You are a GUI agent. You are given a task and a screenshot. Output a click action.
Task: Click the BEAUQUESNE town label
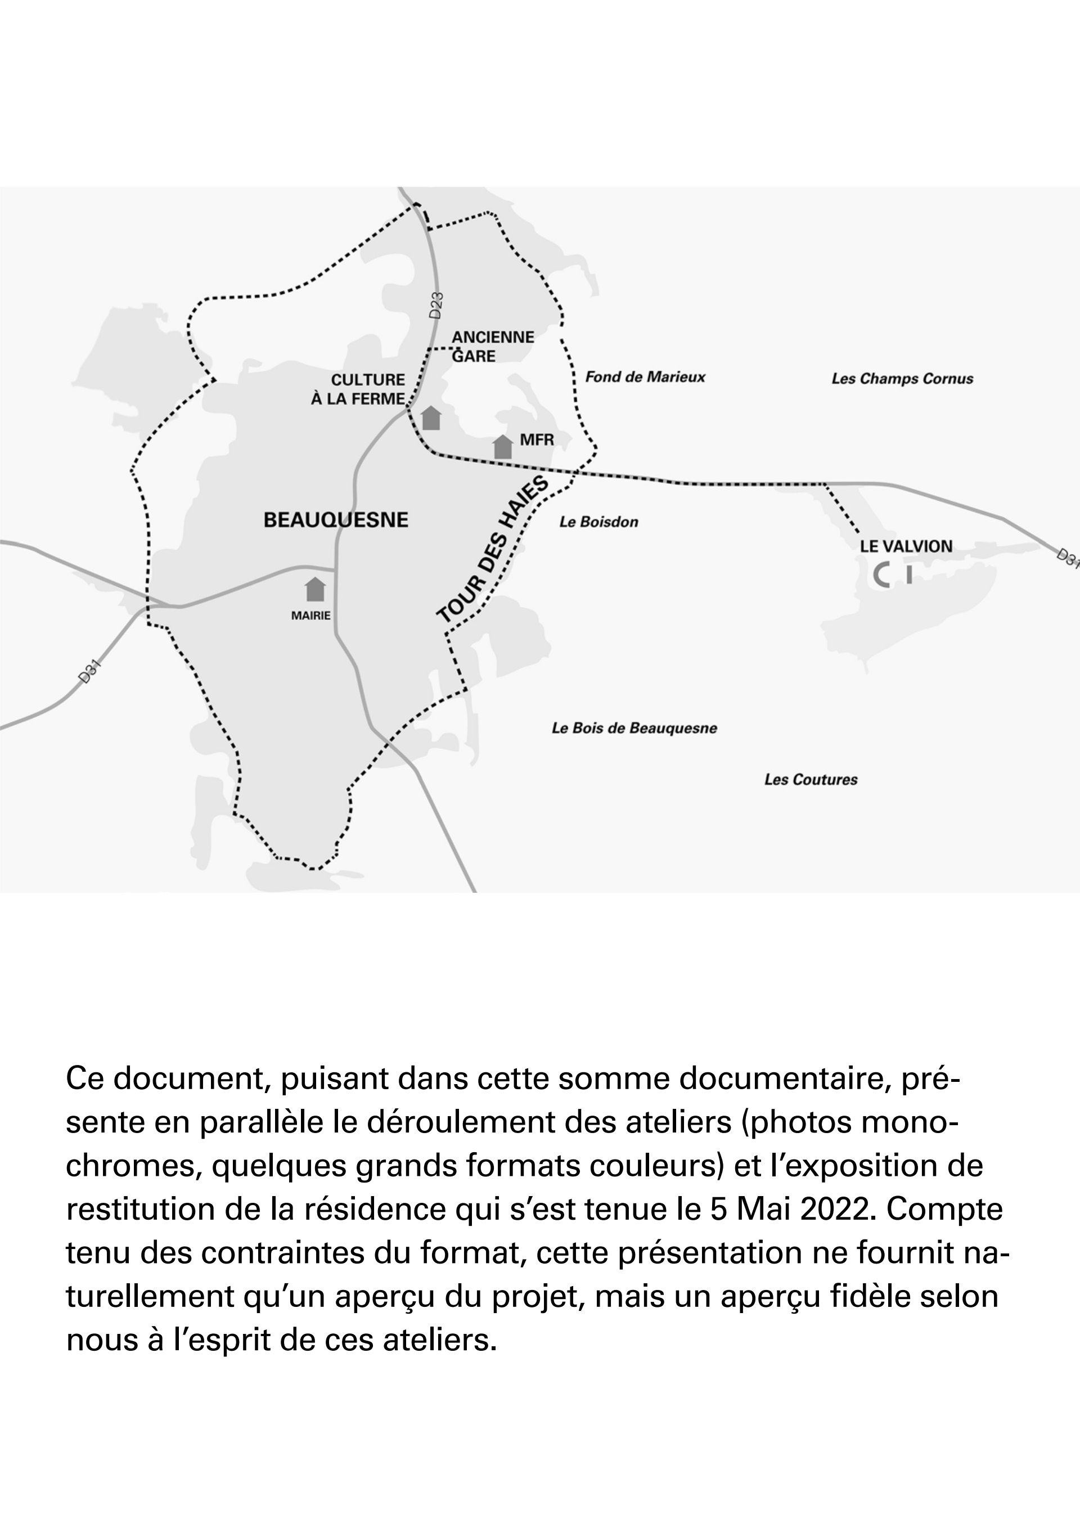tap(336, 520)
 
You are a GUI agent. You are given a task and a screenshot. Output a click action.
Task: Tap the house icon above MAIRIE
tap(316, 590)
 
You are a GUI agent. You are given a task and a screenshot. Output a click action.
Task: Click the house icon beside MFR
tap(503, 447)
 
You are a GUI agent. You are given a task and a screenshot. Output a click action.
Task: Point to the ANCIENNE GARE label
tap(492, 346)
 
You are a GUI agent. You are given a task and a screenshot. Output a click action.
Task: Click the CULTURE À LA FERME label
tap(359, 389)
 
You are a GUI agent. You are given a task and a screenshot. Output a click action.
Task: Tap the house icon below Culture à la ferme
tap(431, 417)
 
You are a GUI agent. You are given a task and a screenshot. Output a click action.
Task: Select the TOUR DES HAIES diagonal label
tap(493, 550)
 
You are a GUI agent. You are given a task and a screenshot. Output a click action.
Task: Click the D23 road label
tap(436, 305)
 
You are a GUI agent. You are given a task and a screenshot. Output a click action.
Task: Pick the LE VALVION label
tap(906, 546)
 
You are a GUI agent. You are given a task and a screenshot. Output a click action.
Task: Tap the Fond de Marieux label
tap(645, 377)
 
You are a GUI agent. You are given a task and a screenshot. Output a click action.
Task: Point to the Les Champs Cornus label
tap(902, 379)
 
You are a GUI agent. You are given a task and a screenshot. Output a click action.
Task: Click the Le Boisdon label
tap(598, 522)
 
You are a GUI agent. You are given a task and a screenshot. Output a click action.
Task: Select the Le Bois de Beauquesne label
tap(634, 728)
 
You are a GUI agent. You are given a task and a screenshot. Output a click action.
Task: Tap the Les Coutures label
tap(811, 779)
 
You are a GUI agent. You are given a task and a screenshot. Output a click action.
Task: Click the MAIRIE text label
tap(310, 615)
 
